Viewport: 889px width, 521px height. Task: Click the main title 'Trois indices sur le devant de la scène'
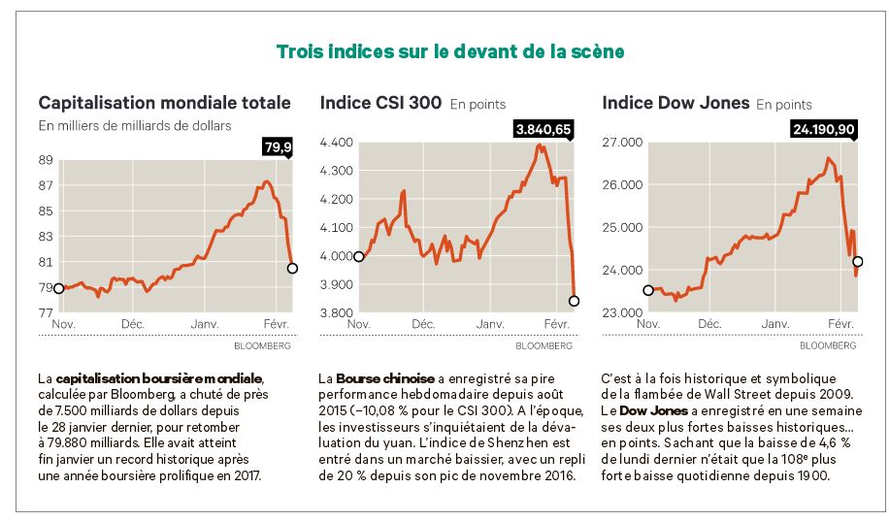coord(449,51)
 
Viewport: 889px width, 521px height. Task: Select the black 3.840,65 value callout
coord(543,128)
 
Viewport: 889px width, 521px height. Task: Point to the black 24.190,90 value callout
coord(824,128)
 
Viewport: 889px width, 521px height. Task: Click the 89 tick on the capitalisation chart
coord(46,160)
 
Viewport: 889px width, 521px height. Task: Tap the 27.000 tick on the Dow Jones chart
coord(622,143)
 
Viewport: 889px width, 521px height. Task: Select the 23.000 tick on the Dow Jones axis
coord(622,313)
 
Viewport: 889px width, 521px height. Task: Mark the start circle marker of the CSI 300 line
coord(359,256)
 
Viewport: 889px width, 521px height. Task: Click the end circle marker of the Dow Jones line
coord(857,262)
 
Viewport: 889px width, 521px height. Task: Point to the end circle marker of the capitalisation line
coord(292,268)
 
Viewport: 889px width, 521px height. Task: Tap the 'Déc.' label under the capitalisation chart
coord(133,323)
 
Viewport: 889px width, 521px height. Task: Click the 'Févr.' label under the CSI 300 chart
coord(555,323)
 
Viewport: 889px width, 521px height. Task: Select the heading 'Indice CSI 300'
coord(380,103)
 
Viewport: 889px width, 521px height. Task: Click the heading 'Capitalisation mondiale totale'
coord(164,102)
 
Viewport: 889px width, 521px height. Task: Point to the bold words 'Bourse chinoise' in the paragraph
coord(384,377)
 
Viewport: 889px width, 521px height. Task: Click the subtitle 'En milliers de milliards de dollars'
coord(135,125)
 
